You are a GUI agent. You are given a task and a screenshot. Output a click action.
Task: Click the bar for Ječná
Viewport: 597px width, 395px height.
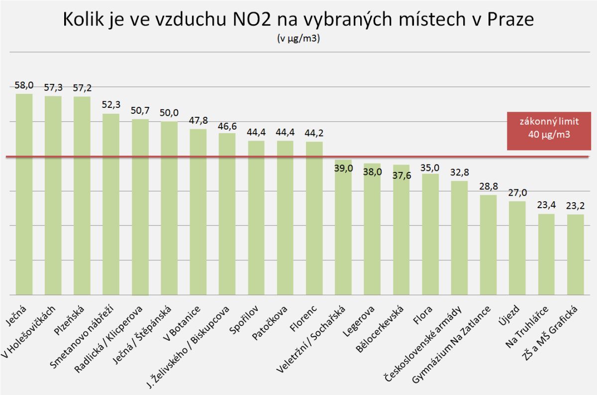(x=24, y=194)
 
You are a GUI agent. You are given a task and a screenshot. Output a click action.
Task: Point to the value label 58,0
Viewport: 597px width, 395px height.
(x=24, y=86)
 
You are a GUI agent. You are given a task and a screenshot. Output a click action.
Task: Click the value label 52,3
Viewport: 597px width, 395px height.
(x=111, y=106)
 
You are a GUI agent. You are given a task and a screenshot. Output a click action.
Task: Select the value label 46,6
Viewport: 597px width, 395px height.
(x=227, y=126)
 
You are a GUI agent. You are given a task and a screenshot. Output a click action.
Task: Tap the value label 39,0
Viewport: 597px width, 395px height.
(x=343, y=168)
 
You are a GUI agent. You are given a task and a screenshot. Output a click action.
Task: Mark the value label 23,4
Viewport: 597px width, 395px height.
(x=546, y=206)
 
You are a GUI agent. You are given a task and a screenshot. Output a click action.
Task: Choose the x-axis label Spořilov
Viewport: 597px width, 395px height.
(x=246, y=318)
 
